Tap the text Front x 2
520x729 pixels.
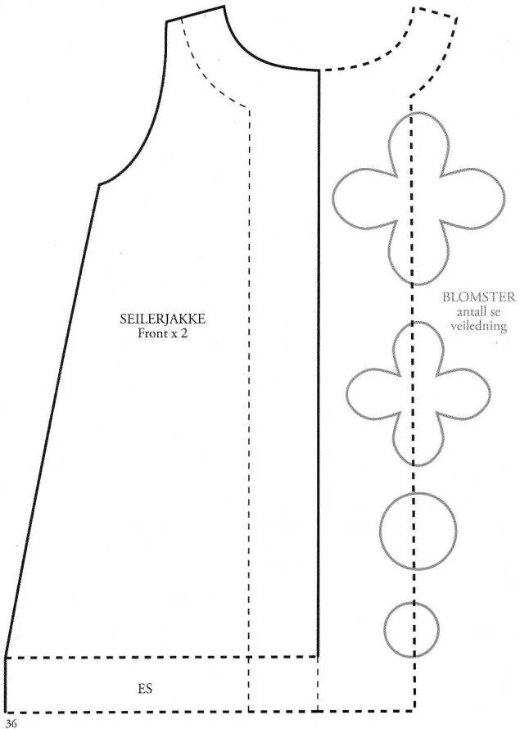pyautogui.click(x=162, y=333)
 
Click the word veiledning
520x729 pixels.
pyautogui.click(x=474, y=325)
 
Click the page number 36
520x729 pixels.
pyautogui.click(x=11, y=722)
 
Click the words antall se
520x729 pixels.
pyautogui.click(x=474, y=311)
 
